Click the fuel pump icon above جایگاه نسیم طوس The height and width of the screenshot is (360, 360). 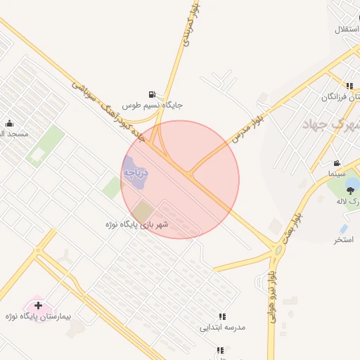[x=152, y=94]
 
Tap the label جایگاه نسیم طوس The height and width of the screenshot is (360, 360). [x=153, y=105]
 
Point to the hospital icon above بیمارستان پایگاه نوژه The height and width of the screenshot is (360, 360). [x=38, y=306]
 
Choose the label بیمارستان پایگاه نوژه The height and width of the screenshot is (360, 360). [x=38, y=317]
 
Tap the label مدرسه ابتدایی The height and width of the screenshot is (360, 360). [x=222, y=327]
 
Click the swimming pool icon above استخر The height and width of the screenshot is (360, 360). [x=343, y=229]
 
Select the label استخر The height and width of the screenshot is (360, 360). [x=343, y=240]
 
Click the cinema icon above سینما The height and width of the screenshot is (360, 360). [x=337, y=162]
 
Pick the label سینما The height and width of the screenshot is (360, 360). [x=337, y=172]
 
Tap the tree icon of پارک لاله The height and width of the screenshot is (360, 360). [x=350, y=189]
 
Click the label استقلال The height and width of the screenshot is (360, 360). [x=347, y=30]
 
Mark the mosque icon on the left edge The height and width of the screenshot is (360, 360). [x=9, y=124]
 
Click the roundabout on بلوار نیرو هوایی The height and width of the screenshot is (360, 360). [x=279, y=250]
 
